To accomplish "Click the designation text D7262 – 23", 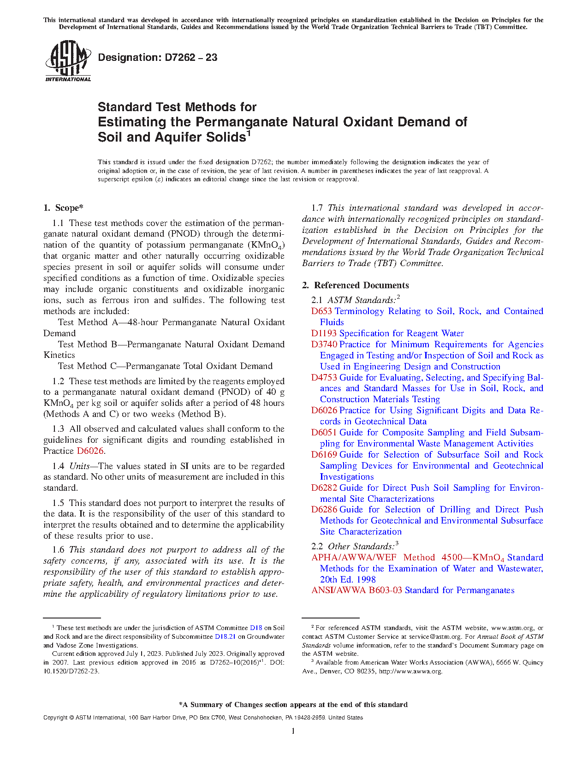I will (x=158, y=58).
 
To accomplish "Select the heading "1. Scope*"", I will (x=64, y=208).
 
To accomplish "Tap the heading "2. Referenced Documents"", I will (x=356, y=285).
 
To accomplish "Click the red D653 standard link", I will (x=321, y=311).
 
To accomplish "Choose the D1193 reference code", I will (x=324, y=333).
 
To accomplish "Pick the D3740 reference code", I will (x=324, y=345).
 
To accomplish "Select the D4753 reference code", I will (x=324, y=378).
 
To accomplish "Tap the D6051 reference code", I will (x=324, y=433).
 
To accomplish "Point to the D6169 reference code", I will (x=324, y=455).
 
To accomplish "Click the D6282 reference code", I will (x=324, y=488).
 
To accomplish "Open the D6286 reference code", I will (x=324, y=510).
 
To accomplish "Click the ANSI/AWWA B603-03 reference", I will (x=356, y=590).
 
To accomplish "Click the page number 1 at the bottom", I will (x=293, y=731).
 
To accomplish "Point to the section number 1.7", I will (x=317, y=208).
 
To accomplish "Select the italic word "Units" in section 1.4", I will (x=79, y=466).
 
